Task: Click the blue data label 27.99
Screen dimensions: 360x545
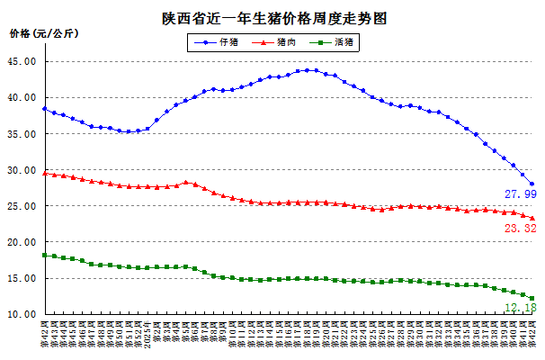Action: [x=521, y=194]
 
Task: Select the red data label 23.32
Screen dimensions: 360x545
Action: [x=521, y=229]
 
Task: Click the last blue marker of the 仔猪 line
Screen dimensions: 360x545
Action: [x=532, y=184]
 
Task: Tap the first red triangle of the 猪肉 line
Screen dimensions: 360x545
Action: [x=45, y=173]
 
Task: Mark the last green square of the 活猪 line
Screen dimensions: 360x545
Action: [x=532, y=299]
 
